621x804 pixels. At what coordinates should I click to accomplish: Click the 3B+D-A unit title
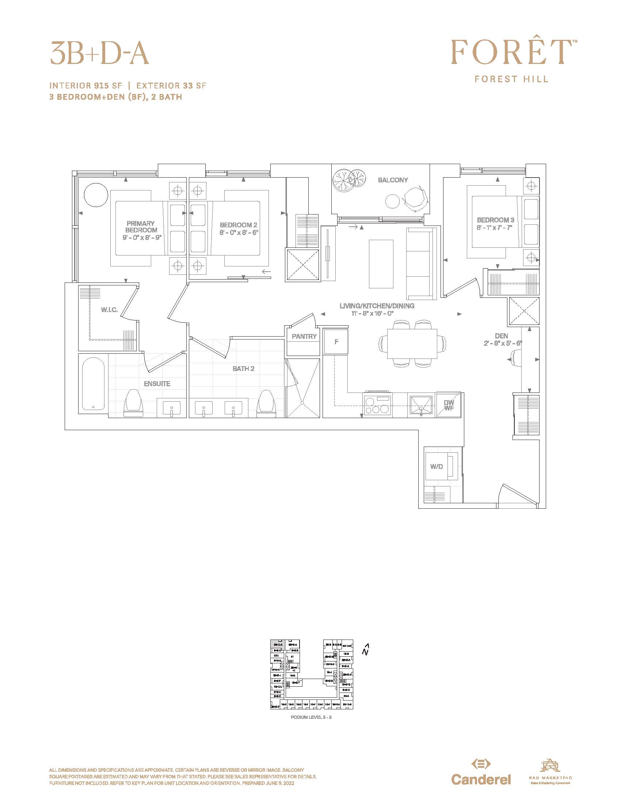(x=99, y=52)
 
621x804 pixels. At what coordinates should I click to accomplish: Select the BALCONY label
(x=393, y=180)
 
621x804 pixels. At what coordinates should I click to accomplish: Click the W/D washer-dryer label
(x=436, y=466)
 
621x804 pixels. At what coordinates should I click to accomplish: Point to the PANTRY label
(x=304, y=336)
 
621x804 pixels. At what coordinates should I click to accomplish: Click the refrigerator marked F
(x=336, y=342)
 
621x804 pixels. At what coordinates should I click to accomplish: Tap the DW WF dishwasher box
(x=449, y=405)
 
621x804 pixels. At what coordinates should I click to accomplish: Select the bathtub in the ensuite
(x=93, y=384)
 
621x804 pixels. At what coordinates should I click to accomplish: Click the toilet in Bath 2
(x=266, y=404)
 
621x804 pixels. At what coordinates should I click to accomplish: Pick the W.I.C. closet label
(x=109, y=310)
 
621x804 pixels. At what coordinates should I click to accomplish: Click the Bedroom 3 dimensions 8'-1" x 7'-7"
(x=495, y=228)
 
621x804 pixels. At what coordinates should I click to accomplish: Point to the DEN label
(x=501, y=336)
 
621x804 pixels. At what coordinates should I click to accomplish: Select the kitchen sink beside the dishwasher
(x=421, y=405)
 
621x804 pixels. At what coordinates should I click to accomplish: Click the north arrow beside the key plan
(x=365, y=650)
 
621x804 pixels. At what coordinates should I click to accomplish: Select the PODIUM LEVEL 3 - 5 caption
(x=311, y=717)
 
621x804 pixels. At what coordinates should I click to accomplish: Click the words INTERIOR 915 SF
(x=85, y=86)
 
